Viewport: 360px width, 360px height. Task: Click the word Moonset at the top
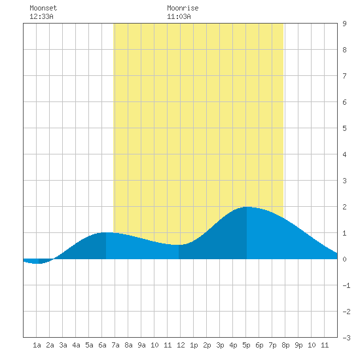click(43, 8)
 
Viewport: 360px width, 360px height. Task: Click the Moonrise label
click(183, 8)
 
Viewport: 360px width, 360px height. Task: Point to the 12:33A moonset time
click(41, 16)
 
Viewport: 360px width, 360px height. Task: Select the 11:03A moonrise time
click(179, 16)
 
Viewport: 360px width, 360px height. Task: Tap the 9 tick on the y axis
click(344, 24)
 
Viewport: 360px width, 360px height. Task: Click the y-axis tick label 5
click(344, 128)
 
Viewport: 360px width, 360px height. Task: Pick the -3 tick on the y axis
click(346, 338)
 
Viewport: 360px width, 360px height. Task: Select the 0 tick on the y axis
click(344, 259)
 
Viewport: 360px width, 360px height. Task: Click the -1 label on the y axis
click(346, 285)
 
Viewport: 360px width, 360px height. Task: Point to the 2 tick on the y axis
click(344, 207)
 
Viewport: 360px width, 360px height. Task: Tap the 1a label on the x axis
click(37, 345)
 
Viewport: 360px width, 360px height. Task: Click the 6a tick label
click(102, 345)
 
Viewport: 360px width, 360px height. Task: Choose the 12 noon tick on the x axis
click(181, 345)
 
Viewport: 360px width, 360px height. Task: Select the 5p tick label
click(246, 345)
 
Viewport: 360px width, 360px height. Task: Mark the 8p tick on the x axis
click(285, 345)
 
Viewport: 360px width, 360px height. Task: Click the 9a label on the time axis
click(141, 345)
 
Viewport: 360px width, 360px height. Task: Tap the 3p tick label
click(220, 345)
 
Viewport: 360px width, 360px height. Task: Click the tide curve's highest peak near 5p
click(247, 207)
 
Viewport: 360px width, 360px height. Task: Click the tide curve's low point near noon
click(179, 245)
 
